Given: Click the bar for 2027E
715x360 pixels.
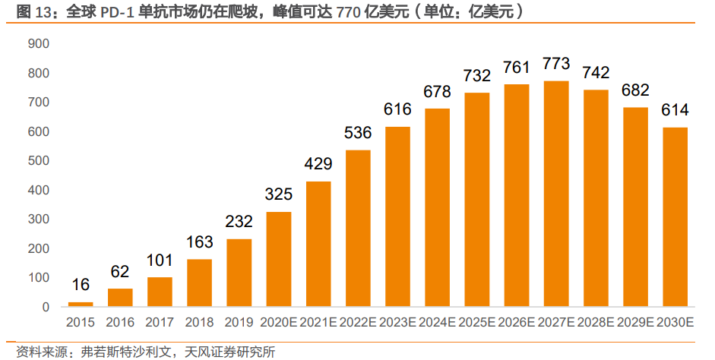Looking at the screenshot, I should pos(556,194).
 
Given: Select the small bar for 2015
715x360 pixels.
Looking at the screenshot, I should pos(81,304).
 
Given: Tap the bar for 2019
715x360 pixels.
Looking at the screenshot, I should pos(239,273).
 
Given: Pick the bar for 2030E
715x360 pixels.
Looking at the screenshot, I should pos(675,217).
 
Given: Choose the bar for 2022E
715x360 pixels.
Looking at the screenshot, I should pos(358,229).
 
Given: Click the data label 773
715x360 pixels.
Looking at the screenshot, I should pos(556,64).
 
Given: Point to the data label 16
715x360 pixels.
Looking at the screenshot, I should pos(81,285).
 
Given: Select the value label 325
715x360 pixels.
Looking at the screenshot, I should pos(279,194).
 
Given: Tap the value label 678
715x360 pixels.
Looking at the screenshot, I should pos(438,92).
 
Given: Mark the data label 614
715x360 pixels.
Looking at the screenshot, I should pos(675,110).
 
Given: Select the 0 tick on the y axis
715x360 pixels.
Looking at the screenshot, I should pos(46,308).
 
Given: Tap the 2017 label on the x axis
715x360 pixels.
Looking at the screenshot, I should pos(160,323).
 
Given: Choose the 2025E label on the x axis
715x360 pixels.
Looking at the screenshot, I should pos(477,323).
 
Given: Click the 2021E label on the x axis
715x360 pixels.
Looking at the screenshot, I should pos(318,323).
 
